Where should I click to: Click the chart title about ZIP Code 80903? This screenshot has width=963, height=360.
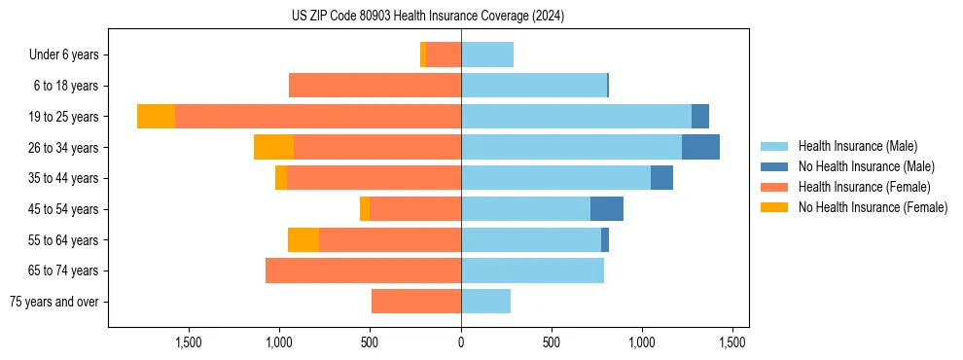pos(427,17)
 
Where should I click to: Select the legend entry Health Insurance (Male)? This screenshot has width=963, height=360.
pos(857,146)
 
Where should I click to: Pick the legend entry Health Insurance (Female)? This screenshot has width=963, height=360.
pos(864,187)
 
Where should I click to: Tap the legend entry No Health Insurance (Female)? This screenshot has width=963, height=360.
pos(873,207)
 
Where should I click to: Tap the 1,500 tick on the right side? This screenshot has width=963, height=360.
pos(732,342)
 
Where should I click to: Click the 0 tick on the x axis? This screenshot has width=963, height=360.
pos(461,342)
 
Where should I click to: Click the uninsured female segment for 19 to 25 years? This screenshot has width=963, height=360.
pos(156,116)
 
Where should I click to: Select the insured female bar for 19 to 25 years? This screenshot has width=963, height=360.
pos(318,116)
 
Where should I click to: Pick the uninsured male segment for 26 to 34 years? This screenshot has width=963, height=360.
pos(700,147)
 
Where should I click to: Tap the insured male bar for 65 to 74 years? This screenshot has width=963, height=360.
pos(532,270)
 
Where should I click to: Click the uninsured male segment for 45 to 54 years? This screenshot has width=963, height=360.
pos(606,209)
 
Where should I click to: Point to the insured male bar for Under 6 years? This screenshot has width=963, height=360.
pos(487,54)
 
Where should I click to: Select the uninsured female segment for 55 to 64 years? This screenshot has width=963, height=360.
pos(303,239)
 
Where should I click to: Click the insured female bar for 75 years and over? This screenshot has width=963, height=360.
pos(416,302)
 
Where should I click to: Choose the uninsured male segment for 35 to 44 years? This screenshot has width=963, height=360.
pos(661,178)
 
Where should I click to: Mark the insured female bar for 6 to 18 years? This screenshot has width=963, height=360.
pos(374,86)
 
